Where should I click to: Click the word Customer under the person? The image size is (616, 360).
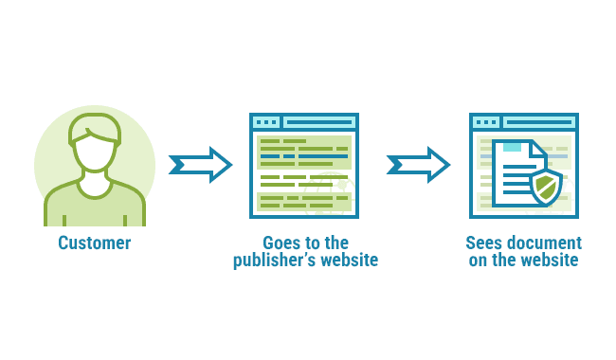click(94, 243)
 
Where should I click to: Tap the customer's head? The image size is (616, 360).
click(95, 150)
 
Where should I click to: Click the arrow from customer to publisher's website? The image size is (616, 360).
click(200, 165)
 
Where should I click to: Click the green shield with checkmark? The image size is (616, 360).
click(545, 187)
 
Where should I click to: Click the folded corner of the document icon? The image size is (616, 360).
click(537, 149)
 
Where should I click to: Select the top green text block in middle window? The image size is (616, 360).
click(303, 152)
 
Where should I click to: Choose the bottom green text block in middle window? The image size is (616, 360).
click(303, 201)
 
